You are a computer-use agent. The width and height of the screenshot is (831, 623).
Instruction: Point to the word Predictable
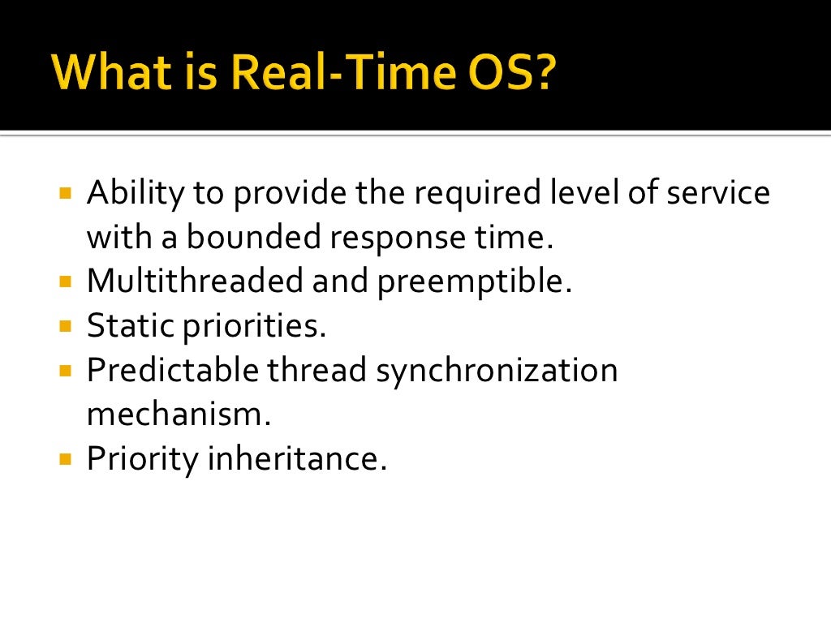171,370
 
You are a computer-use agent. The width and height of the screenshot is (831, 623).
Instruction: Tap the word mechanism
178,414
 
